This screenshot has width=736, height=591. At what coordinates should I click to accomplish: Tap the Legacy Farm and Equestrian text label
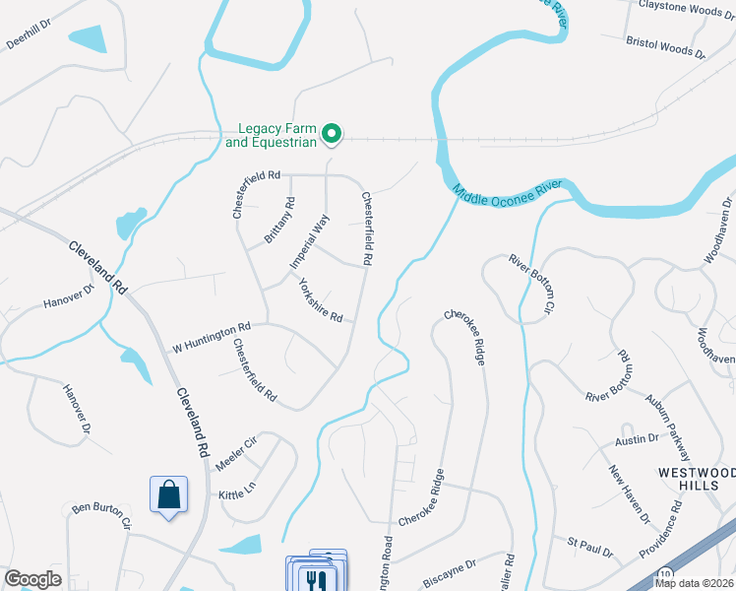(x=271, y=135)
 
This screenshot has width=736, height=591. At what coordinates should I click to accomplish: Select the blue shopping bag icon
(x=169, y=494)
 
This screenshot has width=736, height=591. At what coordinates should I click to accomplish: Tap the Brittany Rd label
(x=279, y=222)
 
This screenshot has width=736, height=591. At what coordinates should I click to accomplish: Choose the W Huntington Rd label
(x=212, y=336)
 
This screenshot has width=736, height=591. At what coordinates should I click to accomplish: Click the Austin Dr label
(x=637, y=438)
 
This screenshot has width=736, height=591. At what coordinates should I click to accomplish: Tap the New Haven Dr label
(x=629, y=495)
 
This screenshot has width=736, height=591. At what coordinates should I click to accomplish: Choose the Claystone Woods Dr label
(x=687, y=7)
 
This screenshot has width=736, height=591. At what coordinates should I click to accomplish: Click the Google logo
(x=32, y=578)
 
